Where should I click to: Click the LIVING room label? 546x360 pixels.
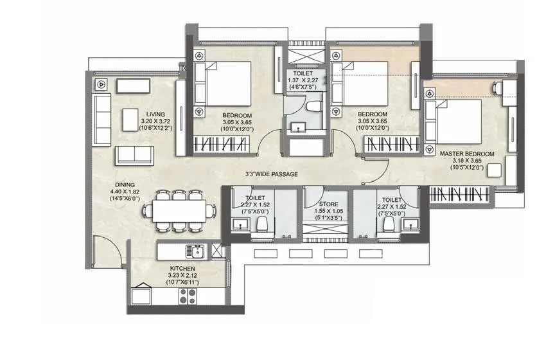(155, 113)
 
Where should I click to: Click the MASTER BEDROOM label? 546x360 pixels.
(467, 154)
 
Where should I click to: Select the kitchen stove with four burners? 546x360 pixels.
(188, 296)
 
